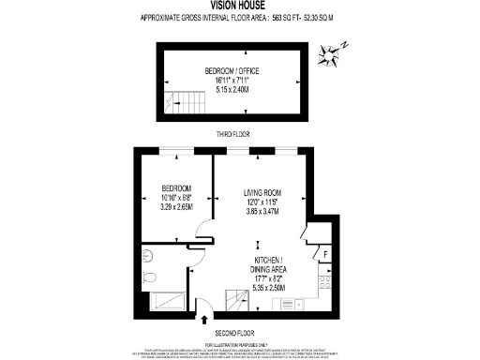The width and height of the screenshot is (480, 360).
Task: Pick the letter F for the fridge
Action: click(324, 253)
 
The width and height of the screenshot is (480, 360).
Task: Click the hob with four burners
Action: click(325, 280)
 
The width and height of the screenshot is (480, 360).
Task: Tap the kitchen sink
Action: click(294, 305)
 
